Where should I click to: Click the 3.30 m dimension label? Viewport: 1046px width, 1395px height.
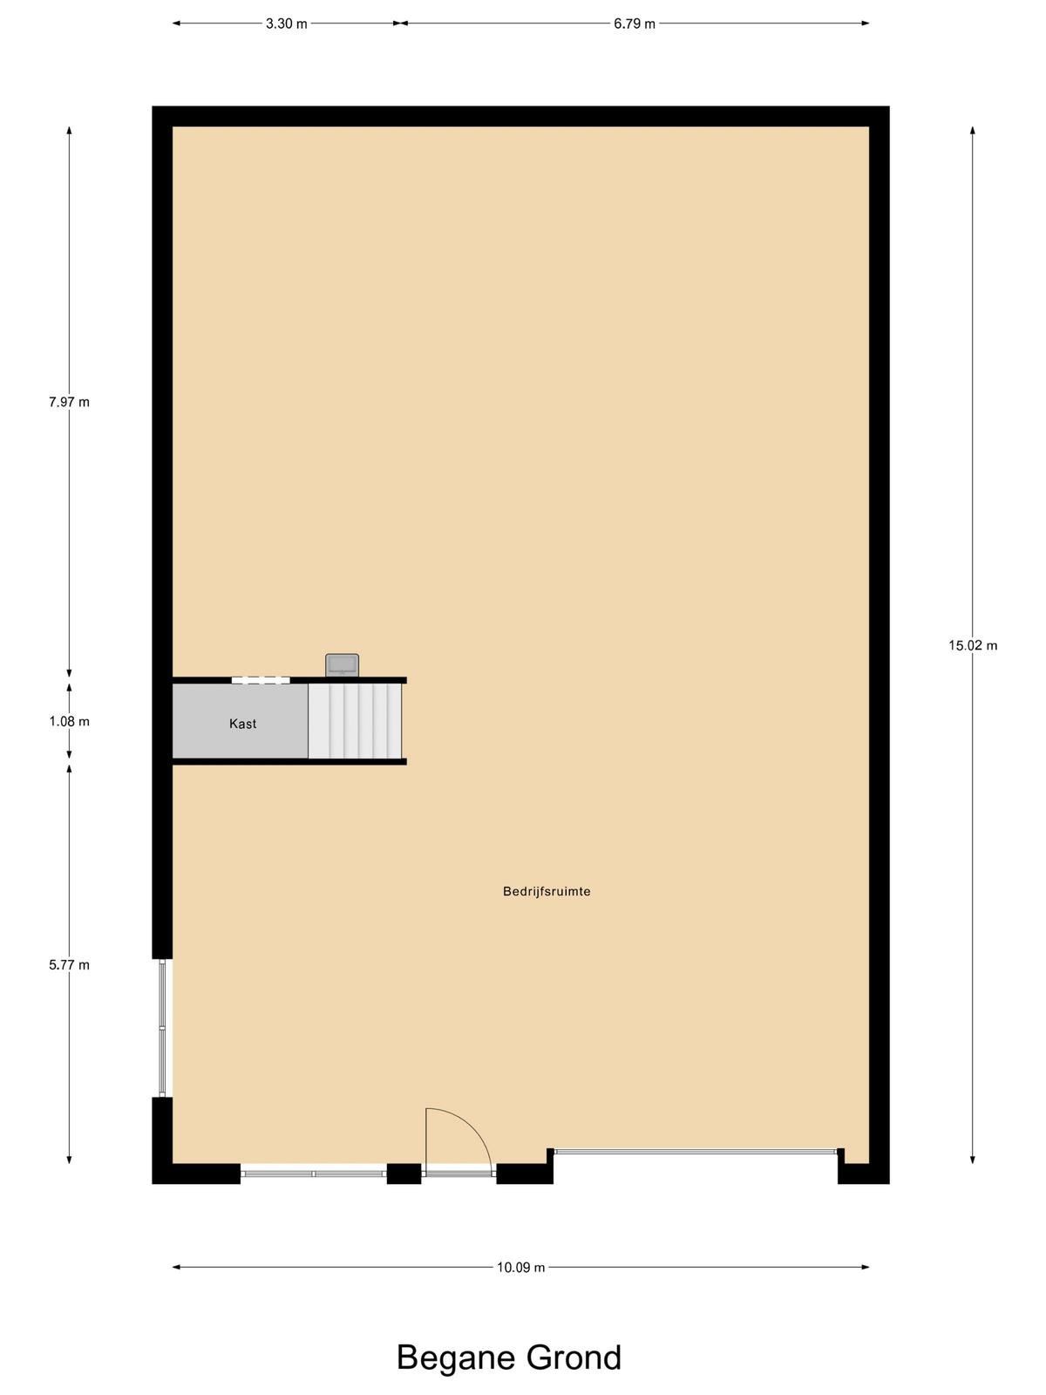(x=286, y=24)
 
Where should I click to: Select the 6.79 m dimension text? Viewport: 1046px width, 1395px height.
(x=634, y=24)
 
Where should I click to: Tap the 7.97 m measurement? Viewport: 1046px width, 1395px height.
(x=69, y=402)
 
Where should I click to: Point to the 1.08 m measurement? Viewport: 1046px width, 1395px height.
(x=69, y=721)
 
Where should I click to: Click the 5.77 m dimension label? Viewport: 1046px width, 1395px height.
(x=69, y=965)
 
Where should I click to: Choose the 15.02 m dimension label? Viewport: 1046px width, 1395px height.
(x=972, y=646)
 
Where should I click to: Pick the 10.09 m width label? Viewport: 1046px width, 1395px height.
(x=520, y=1267)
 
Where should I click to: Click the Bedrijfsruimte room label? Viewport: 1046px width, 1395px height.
(x=547, y=892)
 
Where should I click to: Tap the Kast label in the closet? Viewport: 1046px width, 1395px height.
(x=242, y=724)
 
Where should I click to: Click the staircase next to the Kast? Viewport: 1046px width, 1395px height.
(x=355, y=721)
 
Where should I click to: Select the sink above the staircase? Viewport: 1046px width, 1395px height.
(x=342, y=664)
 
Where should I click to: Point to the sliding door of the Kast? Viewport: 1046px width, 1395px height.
(x=261, y=680)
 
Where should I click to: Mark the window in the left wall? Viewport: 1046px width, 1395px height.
(x=163, y=1028)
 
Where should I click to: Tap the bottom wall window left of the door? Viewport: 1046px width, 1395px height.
(x=314, y=1174)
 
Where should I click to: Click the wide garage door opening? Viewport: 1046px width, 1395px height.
(x=696, y=1151)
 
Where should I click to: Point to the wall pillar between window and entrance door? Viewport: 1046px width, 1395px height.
(x=404, y=1174)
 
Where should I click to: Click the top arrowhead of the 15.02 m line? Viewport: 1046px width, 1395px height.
(x=972, y=131)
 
